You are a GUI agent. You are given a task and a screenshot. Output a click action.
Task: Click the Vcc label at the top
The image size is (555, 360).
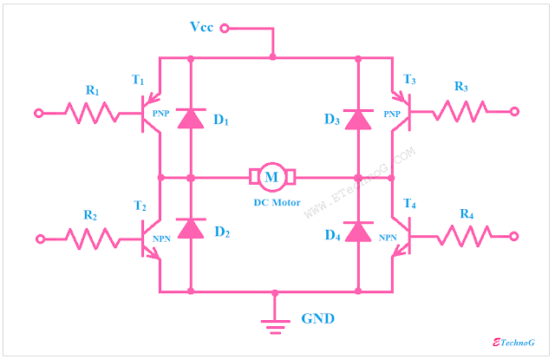[202, 27]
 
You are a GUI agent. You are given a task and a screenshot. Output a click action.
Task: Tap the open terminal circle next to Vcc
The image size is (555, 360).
[225, 29]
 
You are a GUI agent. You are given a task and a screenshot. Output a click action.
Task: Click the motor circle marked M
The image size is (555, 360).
[273, 176]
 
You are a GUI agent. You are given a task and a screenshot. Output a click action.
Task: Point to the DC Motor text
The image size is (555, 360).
[272, 202]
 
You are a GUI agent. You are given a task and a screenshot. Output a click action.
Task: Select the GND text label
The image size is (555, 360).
[318, 318]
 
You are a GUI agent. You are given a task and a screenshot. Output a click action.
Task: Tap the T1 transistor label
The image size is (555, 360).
[138, 80]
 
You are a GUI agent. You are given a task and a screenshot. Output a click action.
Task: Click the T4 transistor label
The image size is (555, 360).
[410, 205]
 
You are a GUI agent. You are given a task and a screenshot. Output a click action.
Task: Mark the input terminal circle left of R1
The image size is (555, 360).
[38, 112]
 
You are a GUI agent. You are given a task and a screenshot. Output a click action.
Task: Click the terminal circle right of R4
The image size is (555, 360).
[515, 235]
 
